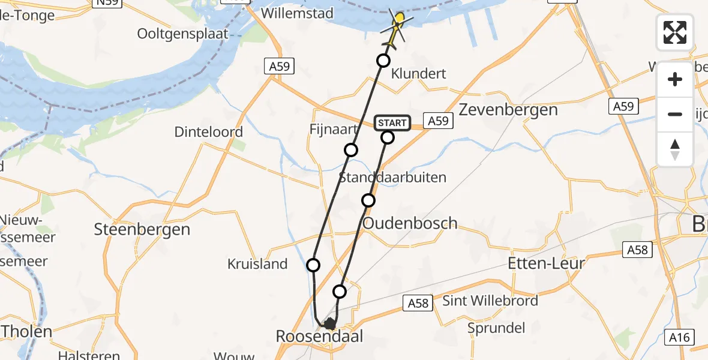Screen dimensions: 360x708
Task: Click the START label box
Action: (x=392, y=123)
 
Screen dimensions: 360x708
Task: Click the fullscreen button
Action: (x=675, y=32)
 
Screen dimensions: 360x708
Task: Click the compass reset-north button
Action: (x=675, y=149)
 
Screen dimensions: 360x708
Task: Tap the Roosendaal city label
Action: (x=320, y=337)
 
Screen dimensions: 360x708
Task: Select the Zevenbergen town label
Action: (x=508, y=110)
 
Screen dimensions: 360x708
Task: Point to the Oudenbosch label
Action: (x=410, y=223)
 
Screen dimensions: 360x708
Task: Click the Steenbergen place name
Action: (x=142, y=229)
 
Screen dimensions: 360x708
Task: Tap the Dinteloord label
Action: (x=209, y=132)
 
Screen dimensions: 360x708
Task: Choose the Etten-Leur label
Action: (x=546, y=263)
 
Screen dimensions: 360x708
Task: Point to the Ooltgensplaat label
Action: (x=183, y=34)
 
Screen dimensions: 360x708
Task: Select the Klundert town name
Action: (x=419, y=74)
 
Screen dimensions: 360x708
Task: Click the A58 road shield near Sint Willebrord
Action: (x=418, y=303)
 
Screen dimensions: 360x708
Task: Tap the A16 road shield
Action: (x=680, y=338)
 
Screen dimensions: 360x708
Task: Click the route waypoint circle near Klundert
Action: (x=383, y=61)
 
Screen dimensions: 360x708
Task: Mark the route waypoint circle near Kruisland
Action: (x=313, y=265)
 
